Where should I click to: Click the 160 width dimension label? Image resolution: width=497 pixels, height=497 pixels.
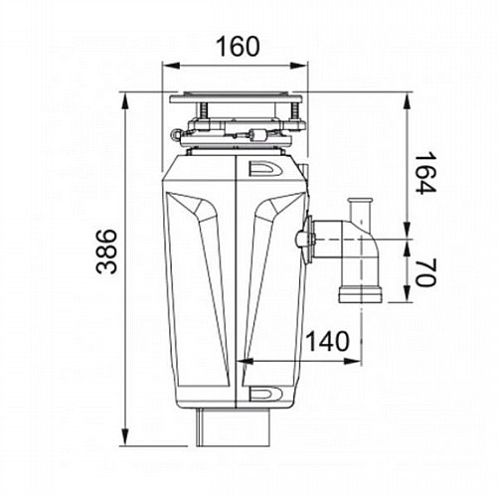[x=238, y=46]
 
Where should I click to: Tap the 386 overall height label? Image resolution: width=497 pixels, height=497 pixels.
[x=106, y=251]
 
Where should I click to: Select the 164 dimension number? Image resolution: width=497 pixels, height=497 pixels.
[x=424, y=173]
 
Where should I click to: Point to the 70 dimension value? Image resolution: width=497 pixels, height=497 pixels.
[x=424, y=273]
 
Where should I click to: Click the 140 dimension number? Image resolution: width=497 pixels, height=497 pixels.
[x=328, y=341]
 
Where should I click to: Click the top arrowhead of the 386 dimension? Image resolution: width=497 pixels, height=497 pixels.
[x=125, y=100]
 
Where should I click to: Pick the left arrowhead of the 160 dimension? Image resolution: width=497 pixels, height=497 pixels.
[x=171, y=66]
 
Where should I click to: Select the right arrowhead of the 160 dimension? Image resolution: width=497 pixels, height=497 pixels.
[x=299, y=66]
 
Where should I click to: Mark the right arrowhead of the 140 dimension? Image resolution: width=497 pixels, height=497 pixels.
[x=353, y=361]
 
